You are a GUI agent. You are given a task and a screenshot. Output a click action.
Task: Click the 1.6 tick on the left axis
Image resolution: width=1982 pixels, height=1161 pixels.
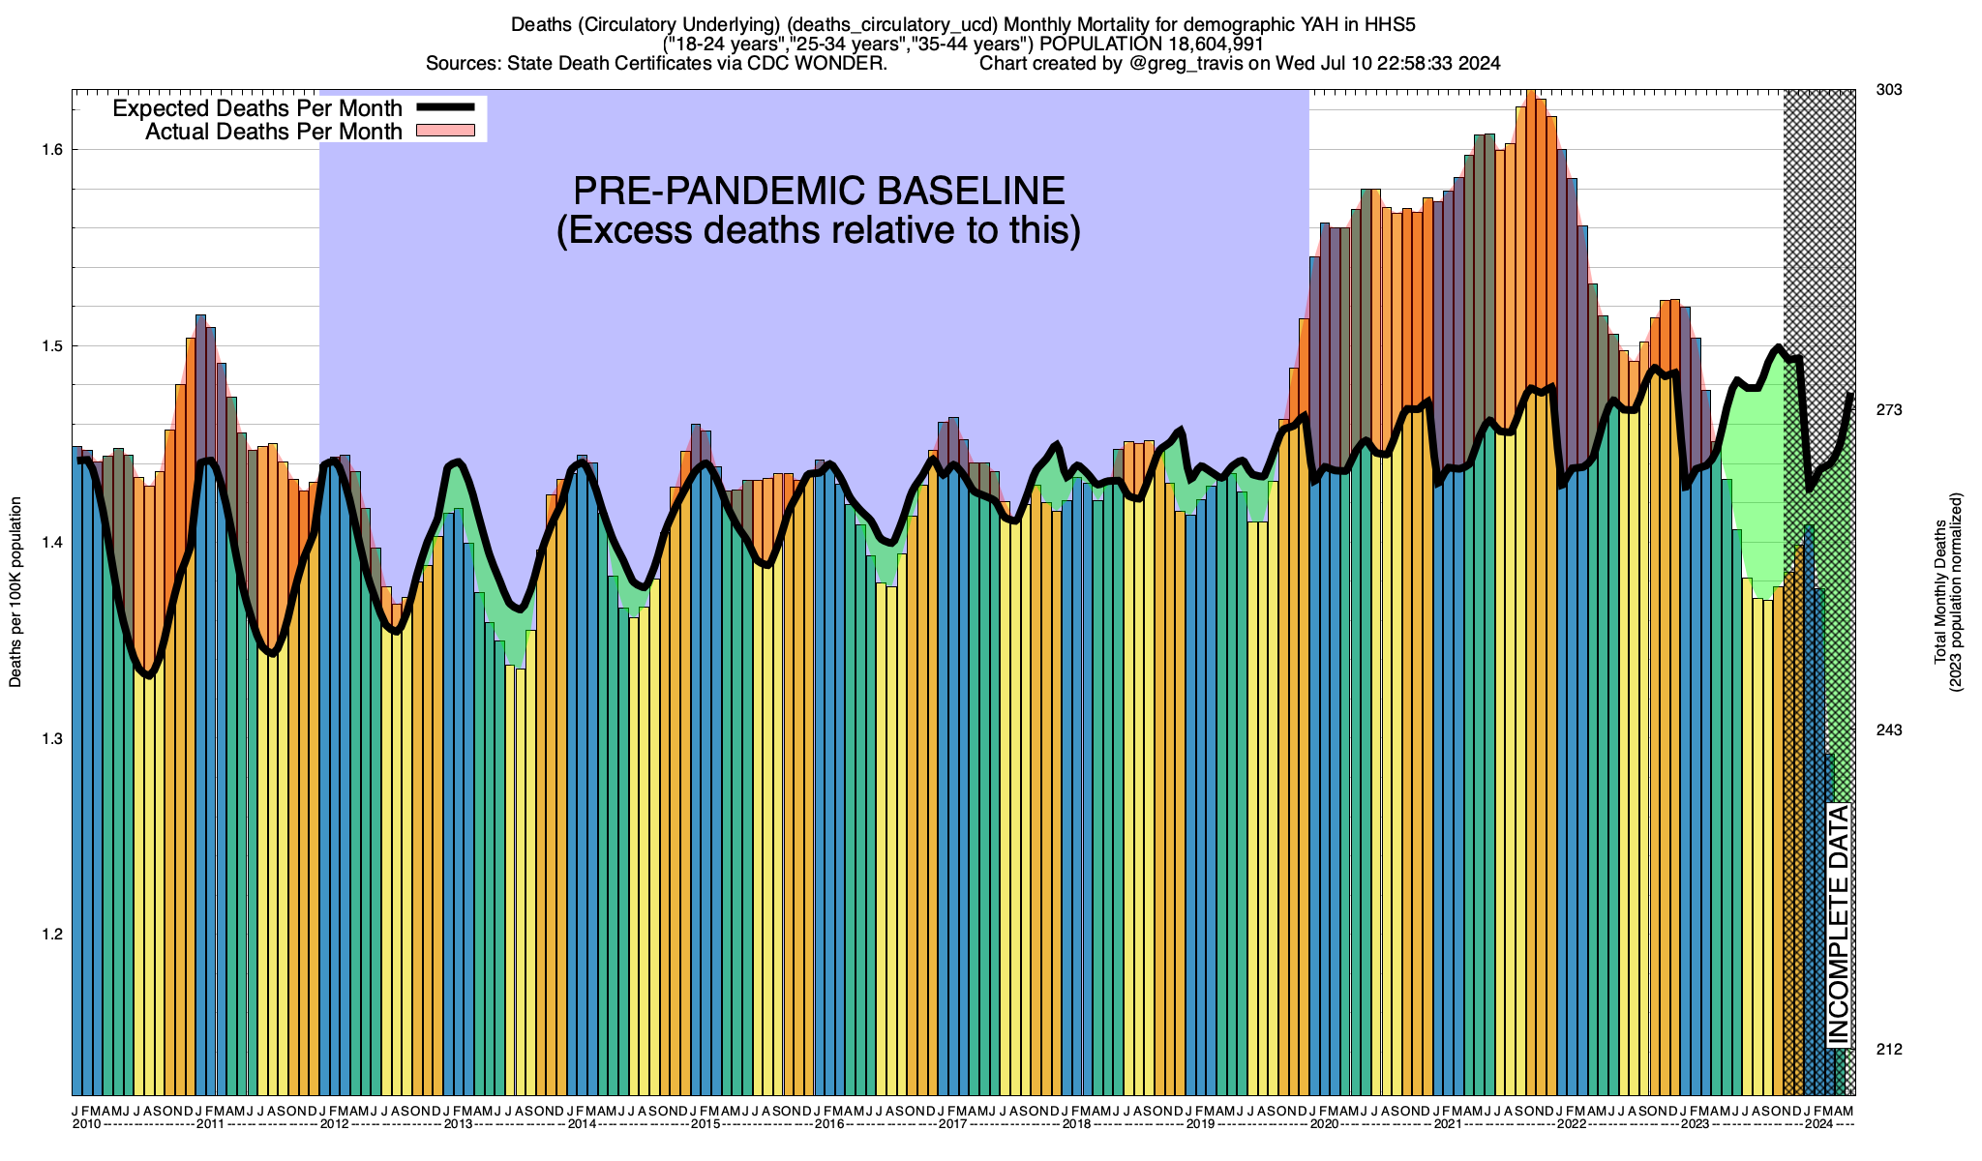53,150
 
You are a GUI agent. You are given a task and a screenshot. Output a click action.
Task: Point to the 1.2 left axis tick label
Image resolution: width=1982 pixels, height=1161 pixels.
53,935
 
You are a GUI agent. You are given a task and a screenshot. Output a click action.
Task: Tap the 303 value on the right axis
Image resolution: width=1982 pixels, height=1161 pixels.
1889,90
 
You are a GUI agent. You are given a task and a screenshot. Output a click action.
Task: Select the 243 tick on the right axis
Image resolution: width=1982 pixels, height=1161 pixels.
1889,729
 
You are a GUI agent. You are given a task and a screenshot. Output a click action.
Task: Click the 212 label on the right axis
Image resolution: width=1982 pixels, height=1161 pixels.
1889,1049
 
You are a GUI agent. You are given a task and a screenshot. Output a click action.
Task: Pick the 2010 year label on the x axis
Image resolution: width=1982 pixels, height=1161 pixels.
87,1124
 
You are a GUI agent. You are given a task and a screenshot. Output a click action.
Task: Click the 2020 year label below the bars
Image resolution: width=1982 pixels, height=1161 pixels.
1324,1124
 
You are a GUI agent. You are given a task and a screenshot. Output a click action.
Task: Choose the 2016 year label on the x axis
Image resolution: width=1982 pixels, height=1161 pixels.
829,1124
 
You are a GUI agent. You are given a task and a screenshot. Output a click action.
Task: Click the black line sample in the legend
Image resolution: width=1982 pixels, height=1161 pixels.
444,107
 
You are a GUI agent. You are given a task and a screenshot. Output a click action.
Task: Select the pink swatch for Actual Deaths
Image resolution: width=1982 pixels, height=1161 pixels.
444,131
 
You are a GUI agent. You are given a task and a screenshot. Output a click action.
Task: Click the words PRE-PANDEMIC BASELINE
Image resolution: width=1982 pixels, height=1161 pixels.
819,191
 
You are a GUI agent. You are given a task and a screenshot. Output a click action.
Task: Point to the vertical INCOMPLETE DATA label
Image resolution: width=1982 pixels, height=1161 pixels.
1838,925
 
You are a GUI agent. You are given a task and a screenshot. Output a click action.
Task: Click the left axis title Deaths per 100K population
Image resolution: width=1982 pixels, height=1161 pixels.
15,592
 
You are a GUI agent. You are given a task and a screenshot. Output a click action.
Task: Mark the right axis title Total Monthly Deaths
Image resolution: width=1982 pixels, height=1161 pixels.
1939,592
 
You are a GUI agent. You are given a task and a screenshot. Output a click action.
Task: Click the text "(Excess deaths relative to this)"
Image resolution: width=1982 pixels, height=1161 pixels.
819,231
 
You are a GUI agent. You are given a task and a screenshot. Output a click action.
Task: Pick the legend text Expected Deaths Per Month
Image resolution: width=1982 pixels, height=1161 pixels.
257,107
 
